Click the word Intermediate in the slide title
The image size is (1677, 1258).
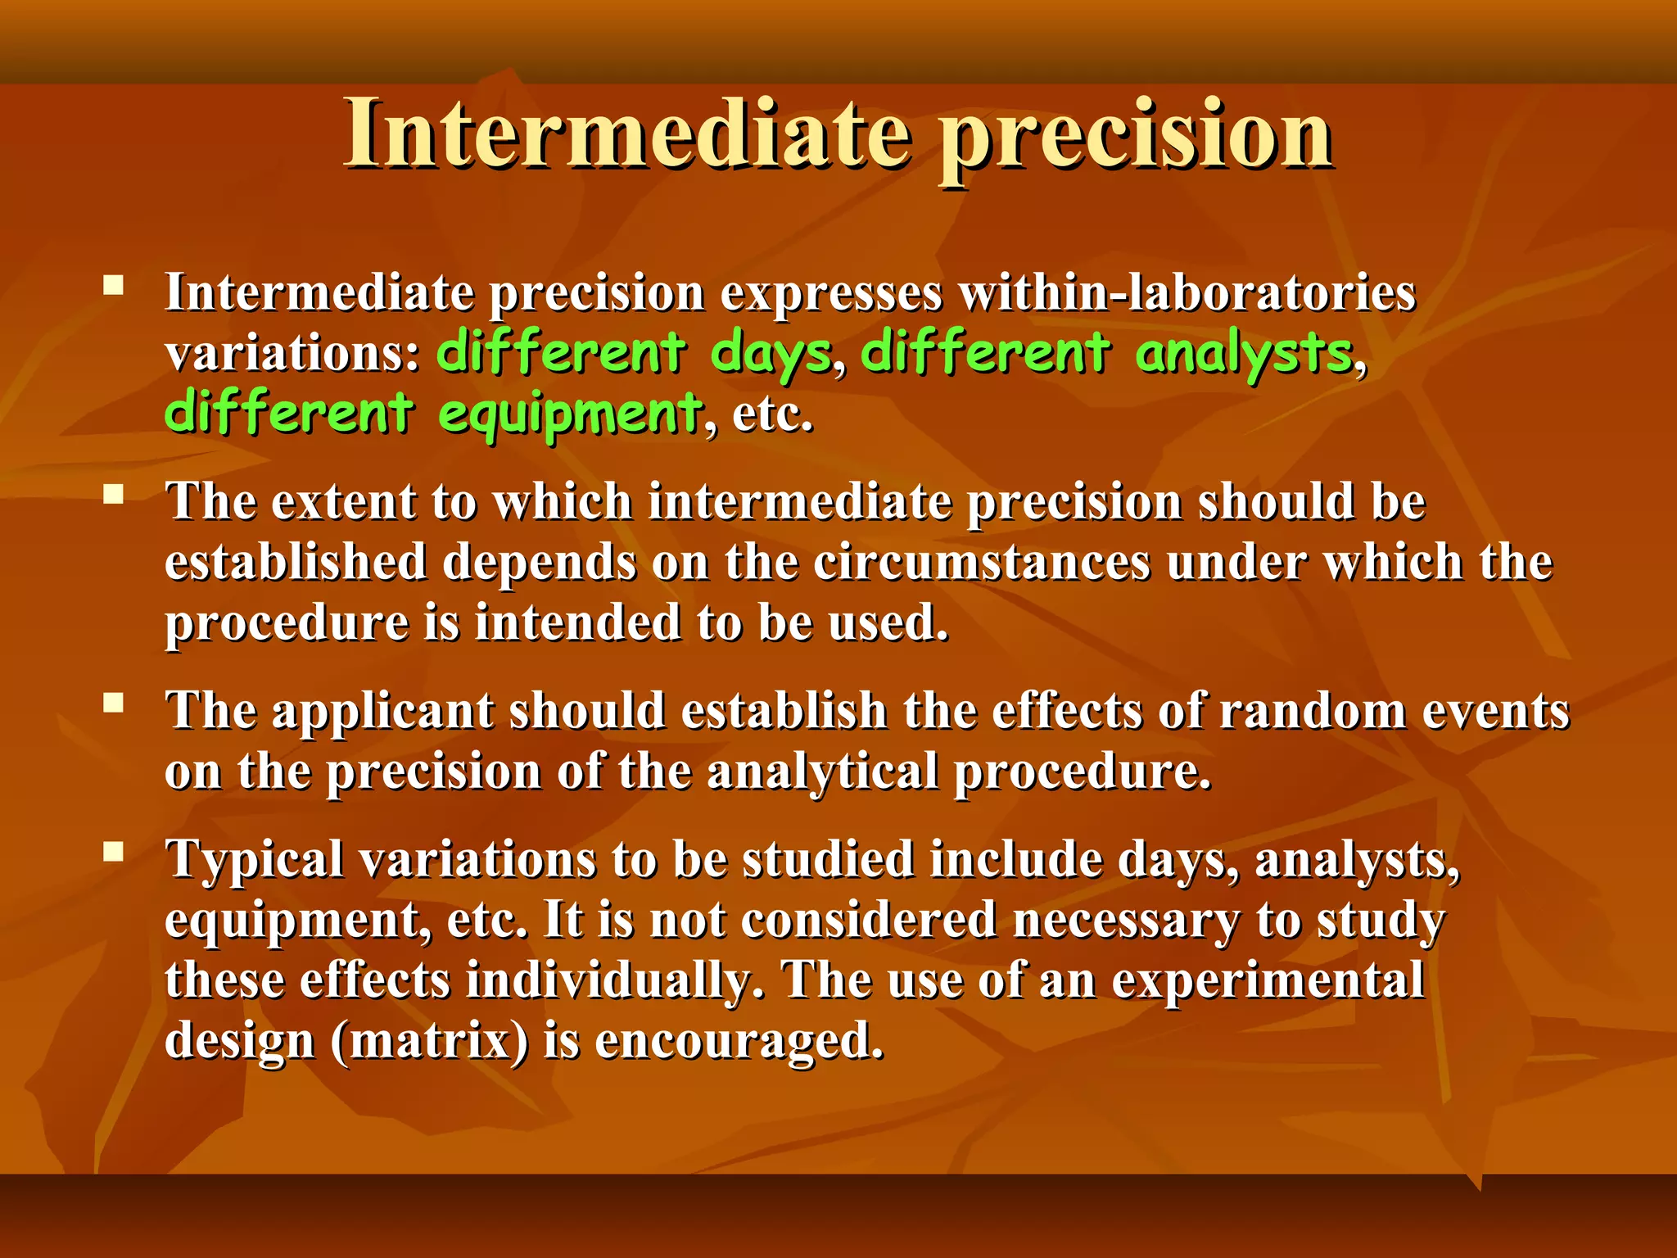(x=626, y=133)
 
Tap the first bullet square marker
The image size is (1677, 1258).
(x=113, y=285)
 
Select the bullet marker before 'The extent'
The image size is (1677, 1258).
(x=113, y=494)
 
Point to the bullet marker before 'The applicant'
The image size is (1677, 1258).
(x=113, y=703)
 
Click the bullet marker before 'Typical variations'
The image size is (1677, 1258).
(x=113, y=852)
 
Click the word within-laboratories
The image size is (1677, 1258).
(x=1187, y=292)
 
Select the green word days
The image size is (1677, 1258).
(x=771, y=353)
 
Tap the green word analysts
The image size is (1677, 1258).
(x=1244, y=353)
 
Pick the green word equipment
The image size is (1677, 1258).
(x=570, y=414)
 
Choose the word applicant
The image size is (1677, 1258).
(x=382, y=710)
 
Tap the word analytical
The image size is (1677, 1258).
(x=822, y=772)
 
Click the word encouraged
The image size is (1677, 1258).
(x=739, y=1041)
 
